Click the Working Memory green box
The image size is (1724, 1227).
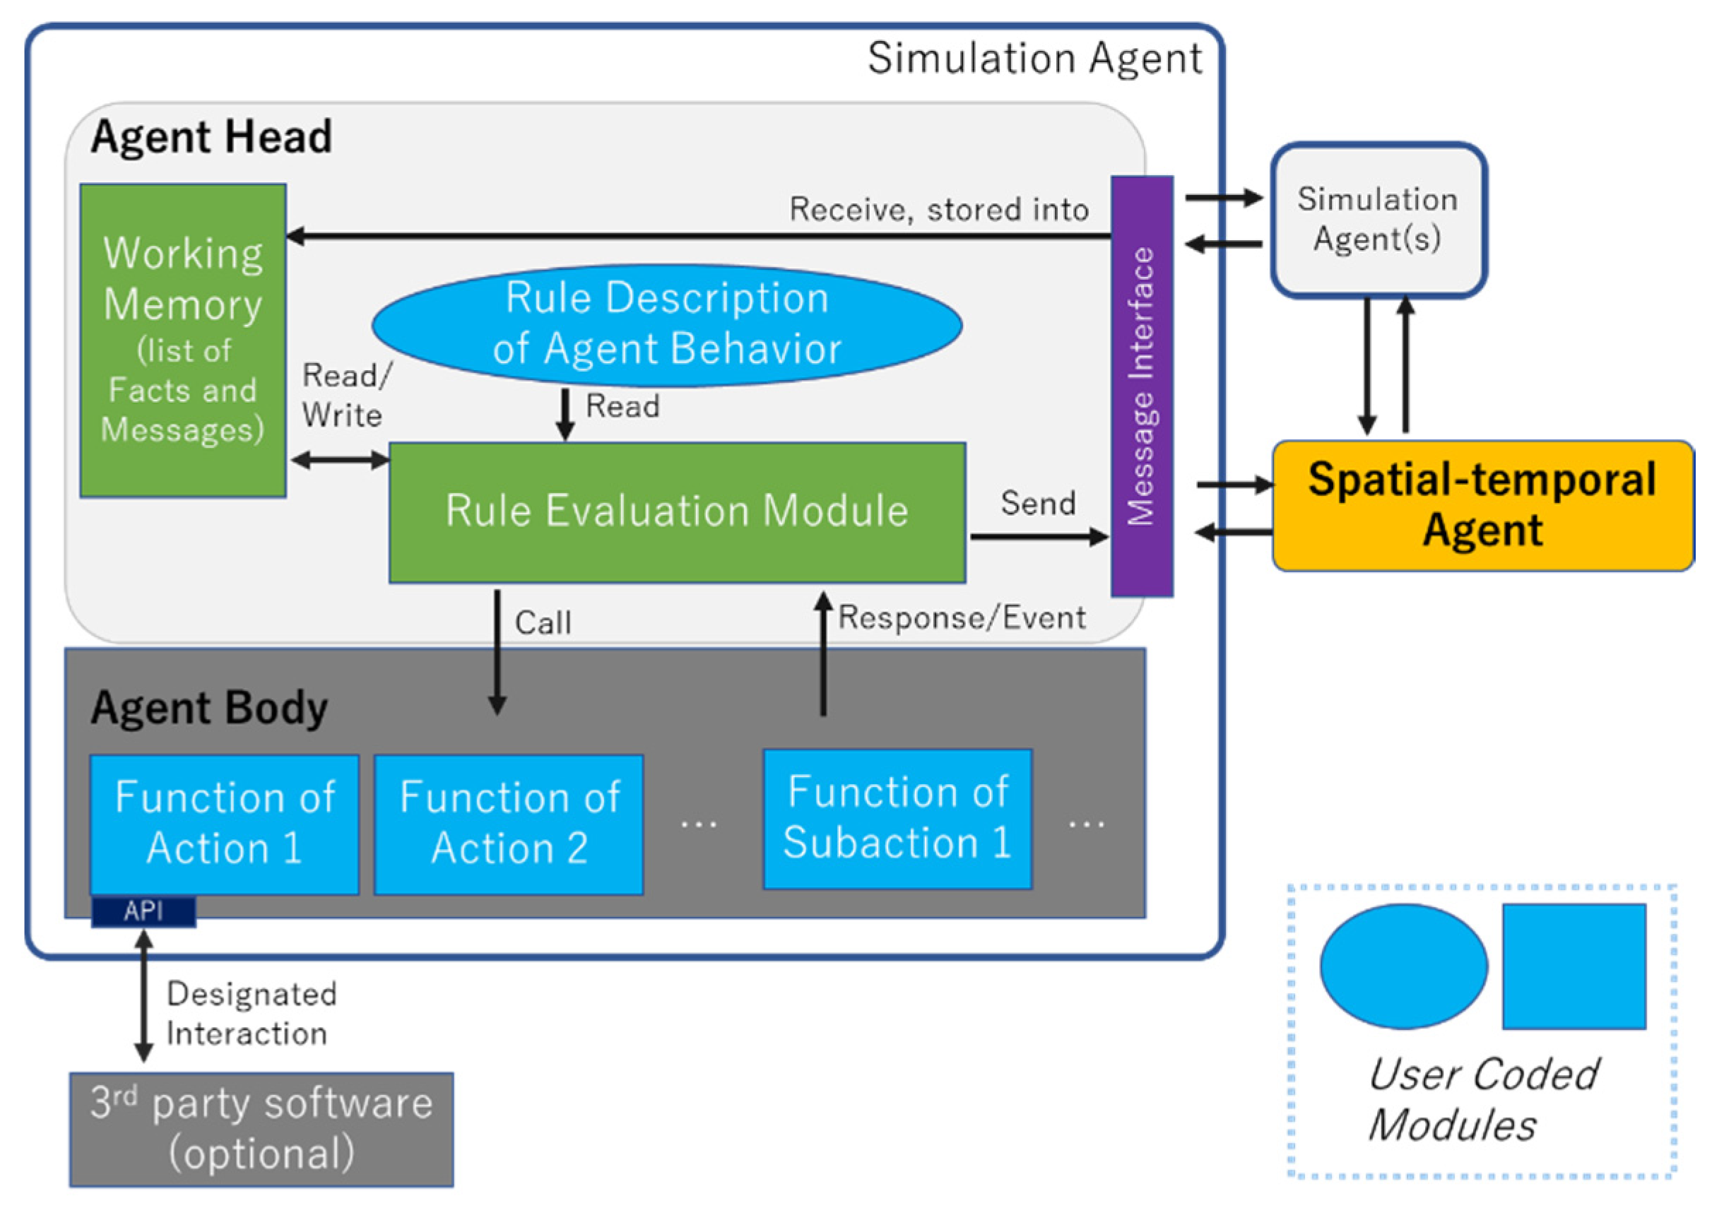click(183, 340)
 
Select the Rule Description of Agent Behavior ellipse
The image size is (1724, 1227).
click(666, 325)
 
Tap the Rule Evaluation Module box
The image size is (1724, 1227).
click(677, 512)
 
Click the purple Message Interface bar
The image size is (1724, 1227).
click(1142, 386)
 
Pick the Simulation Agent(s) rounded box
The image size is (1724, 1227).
click(1378, 220)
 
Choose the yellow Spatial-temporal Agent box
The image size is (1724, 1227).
click(1483, 506)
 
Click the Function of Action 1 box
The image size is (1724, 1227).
click(225, 824)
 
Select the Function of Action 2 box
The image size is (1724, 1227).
click(509, 824)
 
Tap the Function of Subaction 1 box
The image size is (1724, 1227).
click(897, 819)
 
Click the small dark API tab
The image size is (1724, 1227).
click(143, 911)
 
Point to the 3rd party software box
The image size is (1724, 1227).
click(261, 1130)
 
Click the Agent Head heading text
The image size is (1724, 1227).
click(212, 137)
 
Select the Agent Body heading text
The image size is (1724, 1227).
click(209, 708)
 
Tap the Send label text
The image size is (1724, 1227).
click(1039, 503)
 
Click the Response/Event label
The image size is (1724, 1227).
click(962, 618)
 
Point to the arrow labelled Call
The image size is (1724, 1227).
click(497, 652)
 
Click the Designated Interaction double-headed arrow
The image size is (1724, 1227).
click(143, 996)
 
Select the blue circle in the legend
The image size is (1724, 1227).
click(1403, 966)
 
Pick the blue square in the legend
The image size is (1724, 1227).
click(1574, 966)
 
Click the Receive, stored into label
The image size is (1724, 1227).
click(939, 209)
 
